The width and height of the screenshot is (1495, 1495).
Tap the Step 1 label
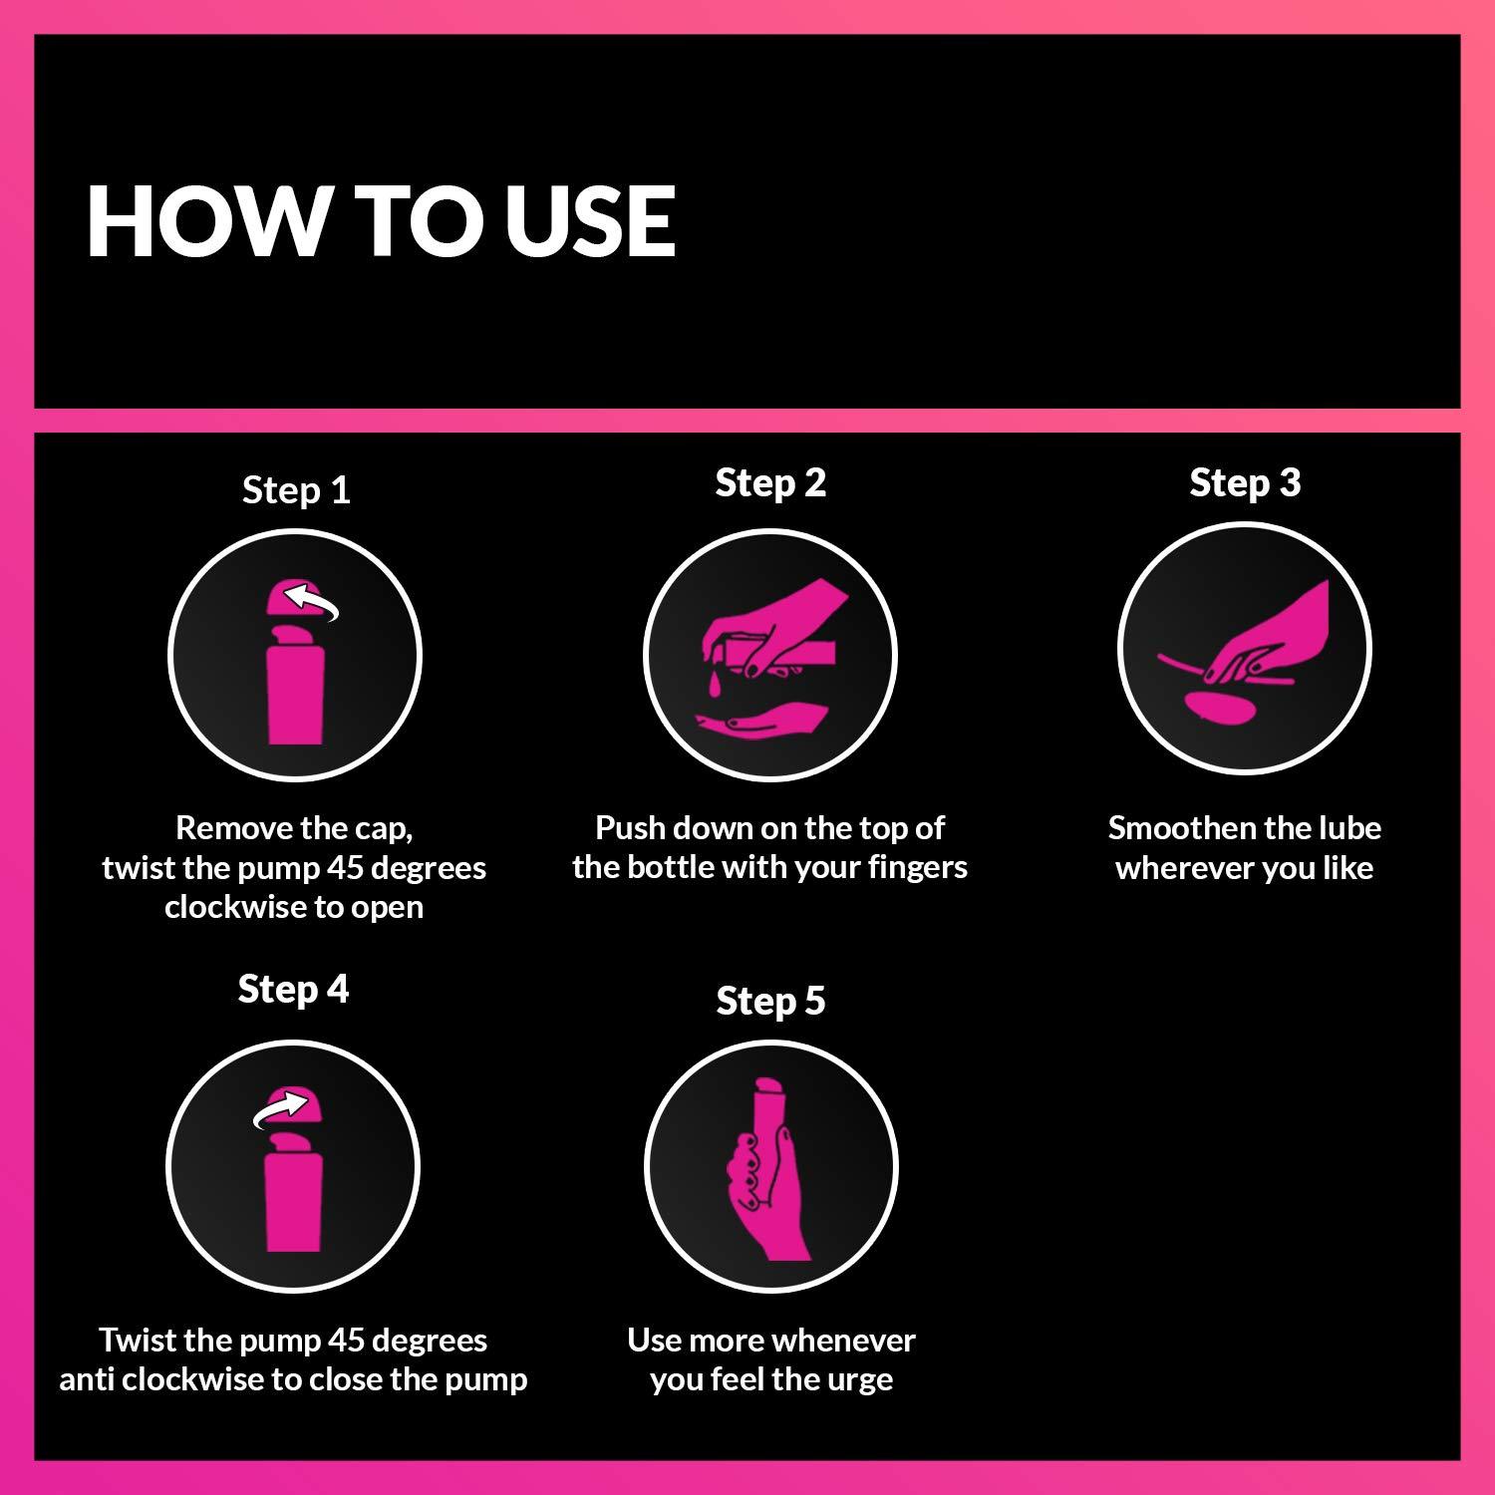tap(296, 490)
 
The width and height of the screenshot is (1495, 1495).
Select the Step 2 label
tap(770, 482)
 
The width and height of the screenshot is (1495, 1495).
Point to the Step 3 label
tap(1245, 482)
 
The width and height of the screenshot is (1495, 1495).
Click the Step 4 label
tap(293, 989)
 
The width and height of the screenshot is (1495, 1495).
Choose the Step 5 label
tap(770, 1001)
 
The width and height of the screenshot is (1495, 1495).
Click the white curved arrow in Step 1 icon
tap(312, 601)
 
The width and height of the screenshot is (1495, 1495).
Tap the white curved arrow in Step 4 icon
tap(278, 1107)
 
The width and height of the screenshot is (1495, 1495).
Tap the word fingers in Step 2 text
tap(917, 867)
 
